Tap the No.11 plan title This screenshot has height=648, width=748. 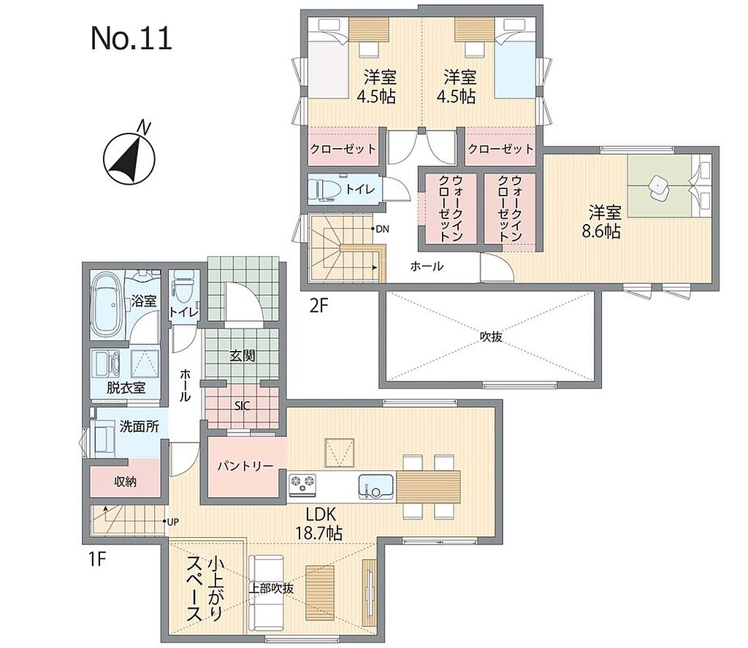pos(131,38)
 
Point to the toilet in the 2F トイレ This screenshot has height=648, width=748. pos(324,189)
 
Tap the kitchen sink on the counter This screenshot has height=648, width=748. pos(376,487)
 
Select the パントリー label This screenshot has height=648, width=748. pos(245,466)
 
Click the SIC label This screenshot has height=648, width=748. pos(242,406)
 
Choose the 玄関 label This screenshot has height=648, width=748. pos(243,355)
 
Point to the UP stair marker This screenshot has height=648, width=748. pos(171,522)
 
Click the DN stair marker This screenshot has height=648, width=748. pos(381,229)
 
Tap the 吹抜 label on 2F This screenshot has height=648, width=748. pos(491,337)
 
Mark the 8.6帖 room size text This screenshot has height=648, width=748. pos(601,231)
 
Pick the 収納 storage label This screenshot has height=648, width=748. pos(126,482)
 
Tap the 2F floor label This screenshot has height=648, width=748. pos(319,306)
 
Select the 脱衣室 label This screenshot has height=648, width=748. pos(126,387)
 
